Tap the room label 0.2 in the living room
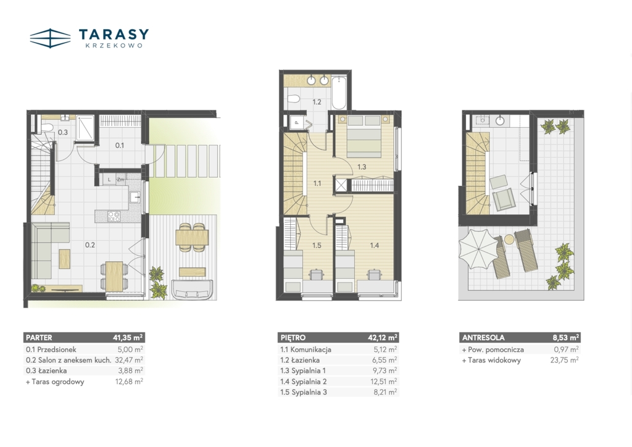coord(90,244)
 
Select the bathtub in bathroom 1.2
coord(339,93)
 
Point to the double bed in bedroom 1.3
coord(364,137)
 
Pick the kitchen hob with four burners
coord(114,216)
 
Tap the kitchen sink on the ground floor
coord(135,198)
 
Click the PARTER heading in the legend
coord(39,338)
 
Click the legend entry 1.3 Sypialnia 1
coord(303,371)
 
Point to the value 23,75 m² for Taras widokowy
coord(564,360)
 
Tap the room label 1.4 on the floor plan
coord(375,245)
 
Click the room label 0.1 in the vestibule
coord(120,146)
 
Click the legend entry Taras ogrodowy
coord(55,382)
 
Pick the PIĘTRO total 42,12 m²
coord(382,338)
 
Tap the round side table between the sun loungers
coord(509,240)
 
